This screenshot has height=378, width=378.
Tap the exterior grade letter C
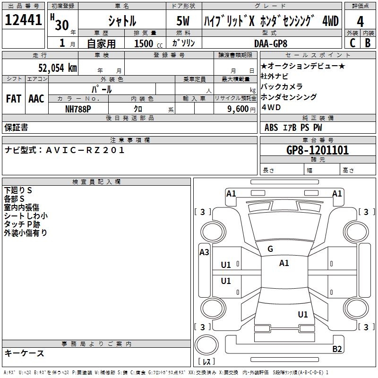click(x=352, y=43)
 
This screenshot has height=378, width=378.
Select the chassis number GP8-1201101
click(x=318, y=150)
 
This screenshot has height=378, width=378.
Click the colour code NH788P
click(x=78, y=109)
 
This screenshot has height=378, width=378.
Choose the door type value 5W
click(x=183, y=21)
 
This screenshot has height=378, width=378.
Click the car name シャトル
click(x=122, y=21)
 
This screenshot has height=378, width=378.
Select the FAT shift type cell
click(x=13, y=99)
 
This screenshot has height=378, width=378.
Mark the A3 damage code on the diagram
click(x=204, y=252)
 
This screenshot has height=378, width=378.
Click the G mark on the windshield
click(x=270, y=249)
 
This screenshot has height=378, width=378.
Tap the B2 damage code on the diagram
click(x=337, y=349)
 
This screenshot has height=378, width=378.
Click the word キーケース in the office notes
click(x=24, y=353)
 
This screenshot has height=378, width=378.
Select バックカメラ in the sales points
click(x=282, y=86)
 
